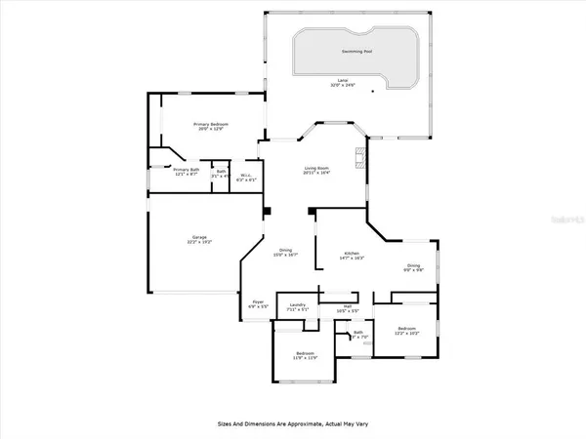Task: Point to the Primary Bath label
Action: [x=186, y=171]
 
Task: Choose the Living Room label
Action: [x=314, y=168]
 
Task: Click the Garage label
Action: [x=197, y=236]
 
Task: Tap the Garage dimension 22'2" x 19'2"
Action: [x=197, y=242]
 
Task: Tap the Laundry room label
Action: [x=298, y=305]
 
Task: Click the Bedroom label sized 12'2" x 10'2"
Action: [x=408, y=330]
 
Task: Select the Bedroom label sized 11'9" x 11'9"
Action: [x=305, y=353]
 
